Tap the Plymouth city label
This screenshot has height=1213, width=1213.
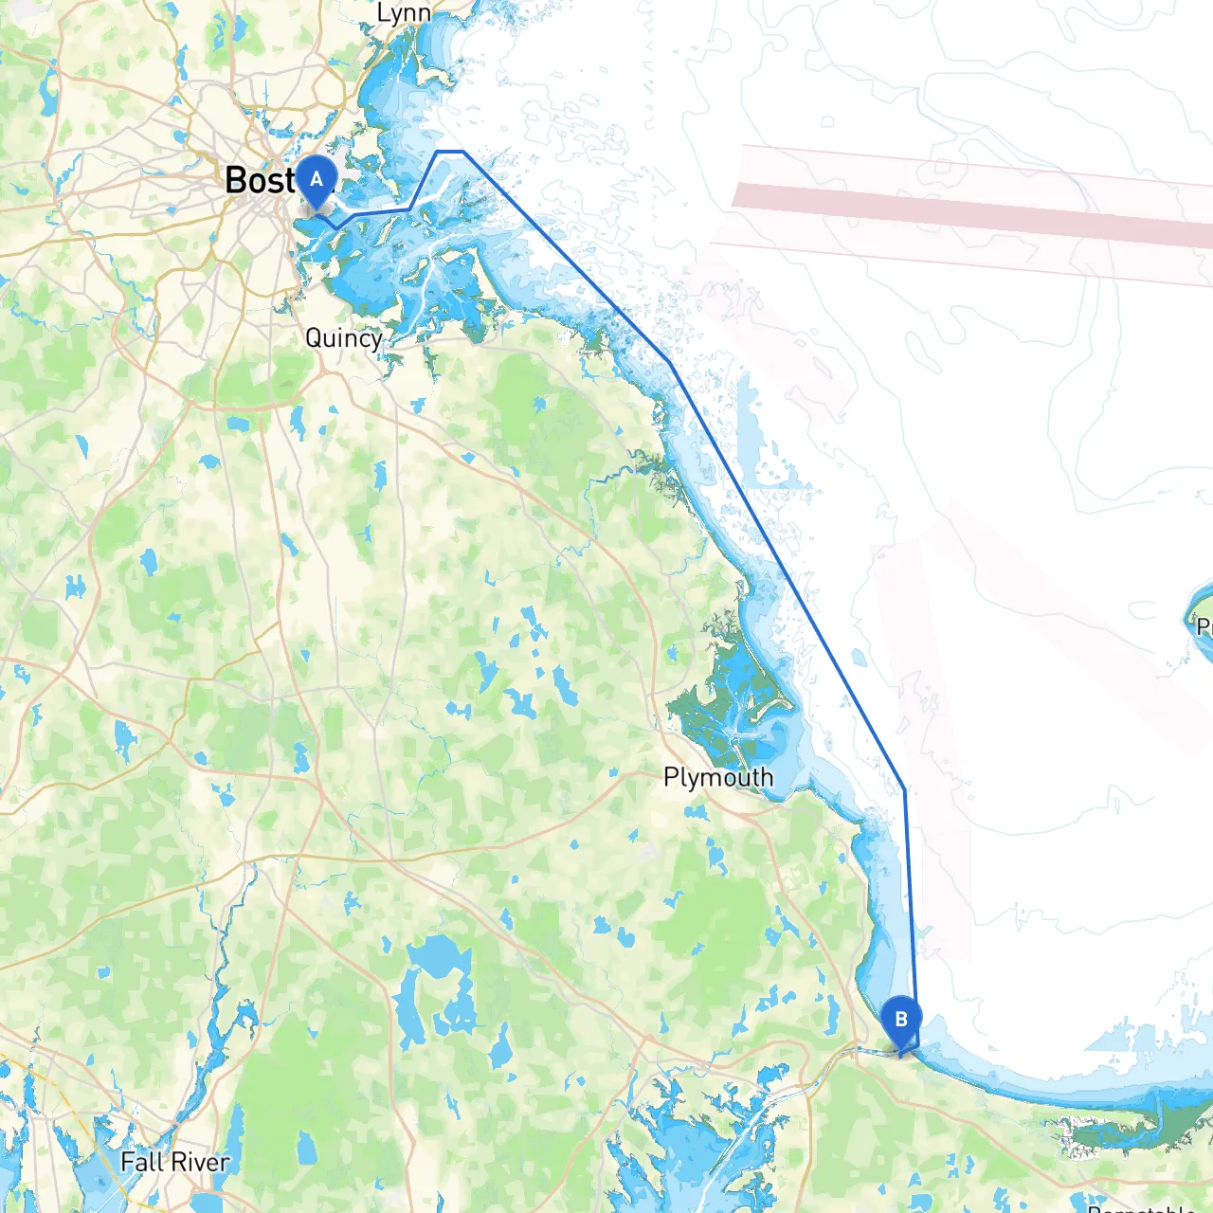pos(718,778)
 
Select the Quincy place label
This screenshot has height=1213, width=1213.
pos(343,338)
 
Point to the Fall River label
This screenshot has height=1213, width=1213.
pos(174,1162)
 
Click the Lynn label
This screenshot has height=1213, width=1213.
pos(404,13)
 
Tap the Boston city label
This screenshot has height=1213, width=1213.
pos(261,180)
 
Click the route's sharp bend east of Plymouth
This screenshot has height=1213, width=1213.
pos(905,789)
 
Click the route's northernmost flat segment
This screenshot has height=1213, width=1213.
pos(449,152)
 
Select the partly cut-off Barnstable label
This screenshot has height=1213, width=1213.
pos(1142,1207)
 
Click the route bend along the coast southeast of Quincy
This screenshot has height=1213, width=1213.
pos(669,361)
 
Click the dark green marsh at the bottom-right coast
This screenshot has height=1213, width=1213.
pos(1118,1132)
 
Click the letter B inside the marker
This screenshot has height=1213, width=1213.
pos(900,1019)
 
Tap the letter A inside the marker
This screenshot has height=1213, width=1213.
pos(317,178)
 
